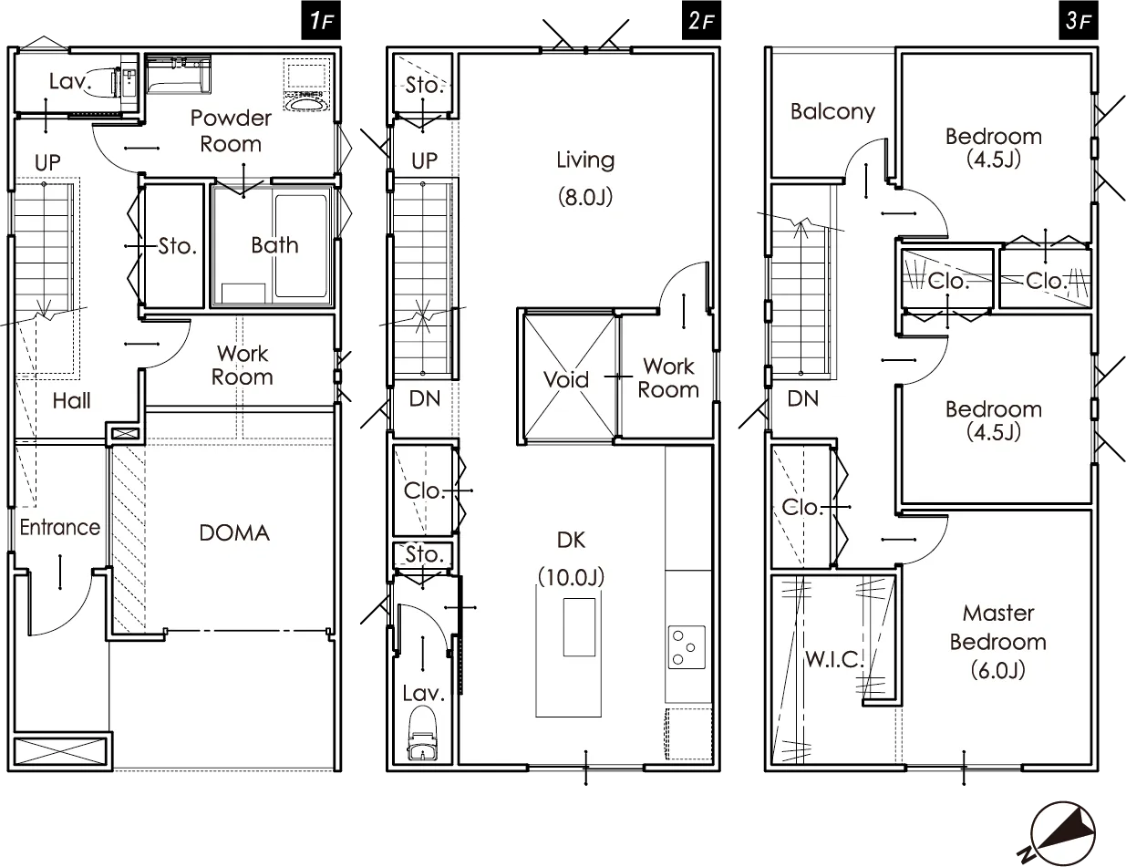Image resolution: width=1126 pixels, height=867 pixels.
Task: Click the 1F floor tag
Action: click(321, 21)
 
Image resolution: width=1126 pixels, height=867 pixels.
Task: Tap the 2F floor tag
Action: click(701, 21)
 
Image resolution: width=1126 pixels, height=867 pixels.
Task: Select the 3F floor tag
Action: click(1079, 21)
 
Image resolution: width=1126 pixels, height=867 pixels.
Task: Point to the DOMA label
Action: click(234, 533)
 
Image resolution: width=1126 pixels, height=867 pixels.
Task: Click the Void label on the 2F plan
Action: click(566, 379)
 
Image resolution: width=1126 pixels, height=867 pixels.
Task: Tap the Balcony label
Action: click(832, 112)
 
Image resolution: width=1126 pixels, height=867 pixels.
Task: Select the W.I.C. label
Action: click(833, 660)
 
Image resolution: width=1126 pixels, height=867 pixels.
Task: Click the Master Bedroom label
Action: click(998, 628)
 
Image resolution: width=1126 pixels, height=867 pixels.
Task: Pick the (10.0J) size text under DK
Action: click(571, 576)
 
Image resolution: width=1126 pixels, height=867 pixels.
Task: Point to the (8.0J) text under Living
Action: click(585, 197)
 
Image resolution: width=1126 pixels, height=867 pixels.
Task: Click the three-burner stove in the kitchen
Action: click(687, 647)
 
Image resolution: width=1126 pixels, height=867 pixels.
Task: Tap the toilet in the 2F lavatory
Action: click(423, 735)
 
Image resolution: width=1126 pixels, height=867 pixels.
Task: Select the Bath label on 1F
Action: click(274, 245)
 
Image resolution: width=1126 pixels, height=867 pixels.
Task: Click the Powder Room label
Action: click(231, 131)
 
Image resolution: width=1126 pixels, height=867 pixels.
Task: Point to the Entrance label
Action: click(59, 527)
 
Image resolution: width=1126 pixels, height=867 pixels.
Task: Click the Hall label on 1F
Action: click(71, 400)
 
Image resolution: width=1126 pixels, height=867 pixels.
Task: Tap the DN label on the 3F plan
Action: click(802, 398)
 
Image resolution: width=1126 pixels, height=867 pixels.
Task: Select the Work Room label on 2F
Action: click(668, 378)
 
